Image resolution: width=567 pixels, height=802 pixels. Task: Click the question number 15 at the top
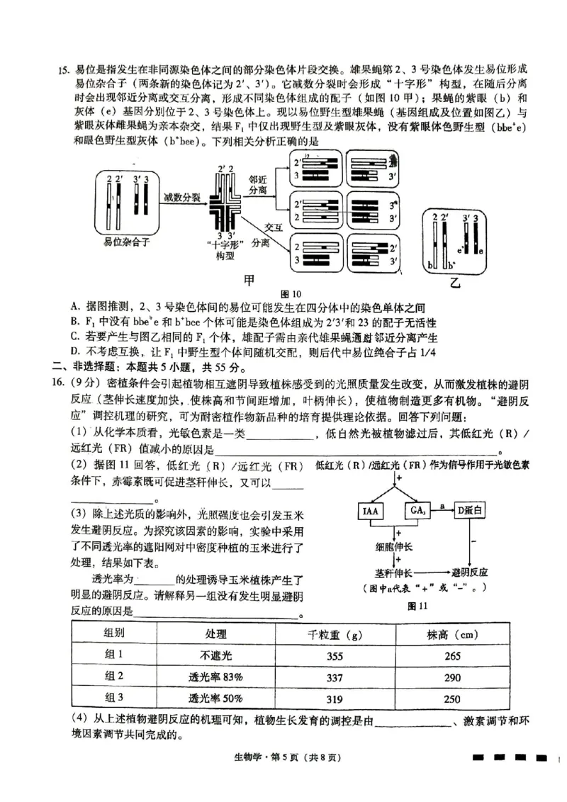tap(63, 69)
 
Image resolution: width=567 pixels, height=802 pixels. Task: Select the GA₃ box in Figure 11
tap(416, 511)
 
